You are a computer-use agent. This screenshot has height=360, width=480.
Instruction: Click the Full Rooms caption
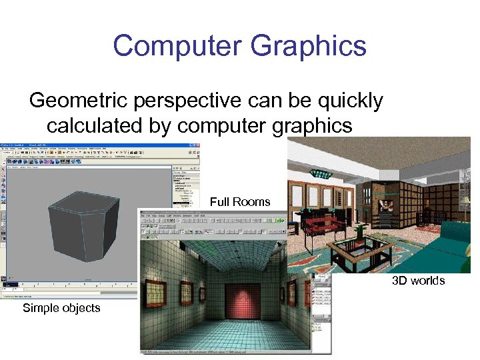point(240,202)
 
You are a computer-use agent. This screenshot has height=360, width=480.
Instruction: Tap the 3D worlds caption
point(418,281)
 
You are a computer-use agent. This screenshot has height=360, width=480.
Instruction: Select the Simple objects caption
point(61,308)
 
